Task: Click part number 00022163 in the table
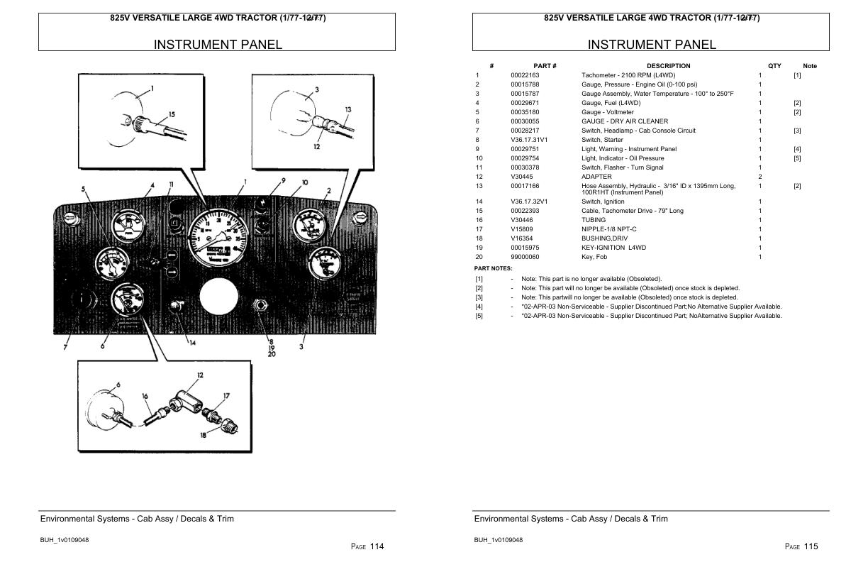(525, 75)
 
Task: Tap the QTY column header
(774, 66)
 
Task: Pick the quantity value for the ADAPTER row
(760, 177)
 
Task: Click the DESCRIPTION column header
(668, 66)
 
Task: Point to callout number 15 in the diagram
(172, 114)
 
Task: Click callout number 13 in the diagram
(348, 109)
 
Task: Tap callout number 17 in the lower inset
(226, 396)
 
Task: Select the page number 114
(377, 546)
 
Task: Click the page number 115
(811, 546)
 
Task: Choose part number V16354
(521, 238)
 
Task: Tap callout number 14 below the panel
(192, 343)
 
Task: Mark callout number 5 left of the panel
(84, 189)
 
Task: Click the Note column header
(809, 66)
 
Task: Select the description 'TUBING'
(594, 220)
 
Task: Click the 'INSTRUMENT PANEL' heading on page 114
(218, 45)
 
